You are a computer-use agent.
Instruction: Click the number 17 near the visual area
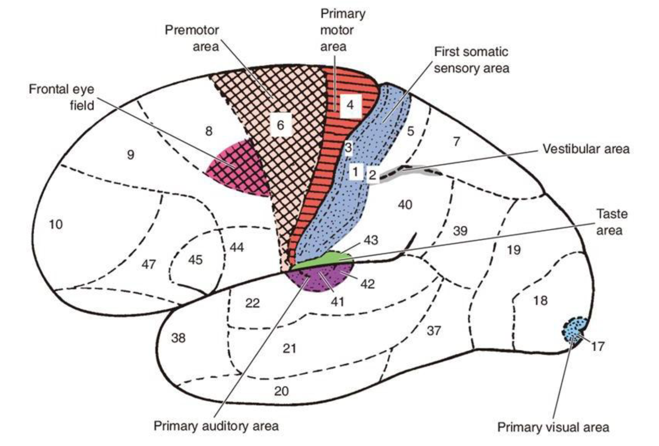(597, 347)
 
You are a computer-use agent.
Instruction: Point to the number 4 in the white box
(350, 105)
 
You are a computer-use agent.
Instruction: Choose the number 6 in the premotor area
(280, 125)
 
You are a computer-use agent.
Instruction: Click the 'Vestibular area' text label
(586, 149)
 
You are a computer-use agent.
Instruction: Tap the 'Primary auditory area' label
(216, 426)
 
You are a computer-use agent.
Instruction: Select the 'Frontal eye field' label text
(62, 97)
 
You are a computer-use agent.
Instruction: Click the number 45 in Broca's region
(195, 259)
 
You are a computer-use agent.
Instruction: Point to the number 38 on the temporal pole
(178, 338)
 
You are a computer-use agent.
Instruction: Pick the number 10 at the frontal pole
(56, 224)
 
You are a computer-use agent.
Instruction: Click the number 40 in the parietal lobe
(405, 204)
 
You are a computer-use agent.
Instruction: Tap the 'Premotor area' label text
(192, 38)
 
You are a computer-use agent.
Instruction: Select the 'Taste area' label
(609, 222)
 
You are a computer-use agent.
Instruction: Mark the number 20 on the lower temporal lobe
(281, 391)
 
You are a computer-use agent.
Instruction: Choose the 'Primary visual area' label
(553, 427)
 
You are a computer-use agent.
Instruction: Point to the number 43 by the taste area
(371, 240)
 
